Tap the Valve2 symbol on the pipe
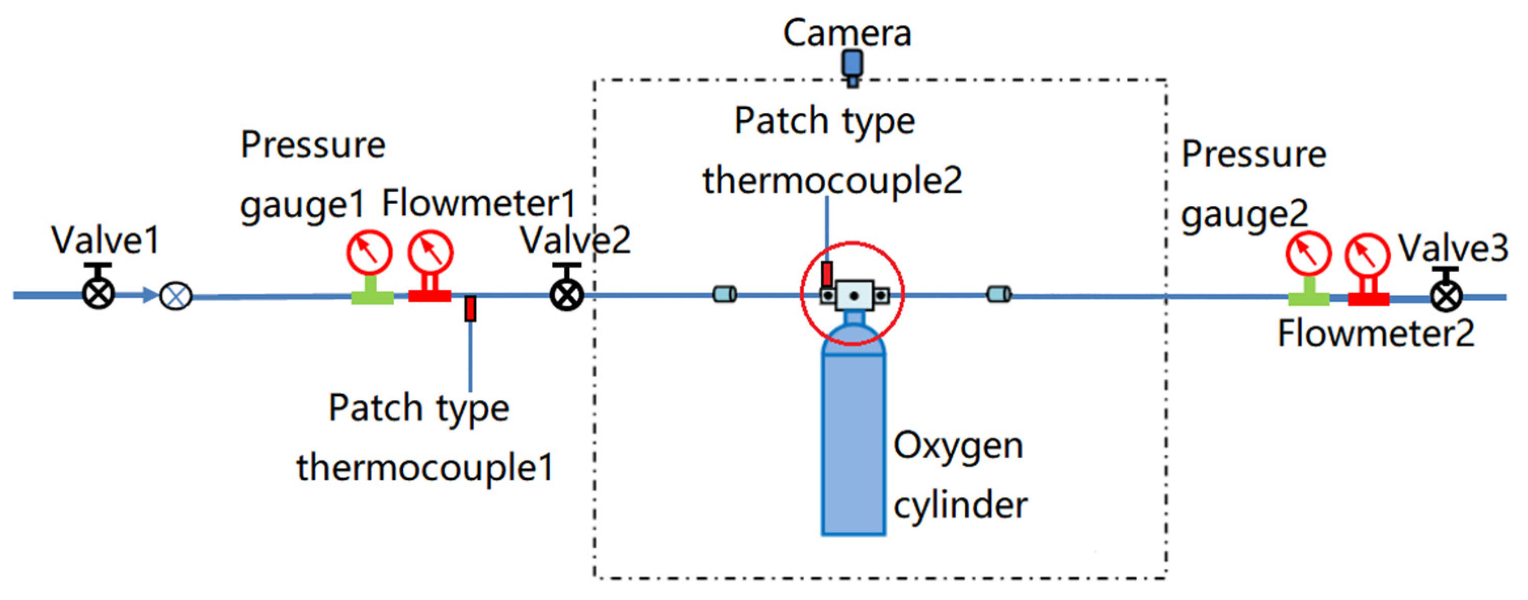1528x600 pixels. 567,295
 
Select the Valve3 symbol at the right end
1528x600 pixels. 1446,296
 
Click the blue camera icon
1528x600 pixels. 853,65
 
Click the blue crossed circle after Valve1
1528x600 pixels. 176,296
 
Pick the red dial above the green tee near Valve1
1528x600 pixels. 369,252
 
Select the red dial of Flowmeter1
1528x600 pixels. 431,252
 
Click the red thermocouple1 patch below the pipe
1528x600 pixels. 470,309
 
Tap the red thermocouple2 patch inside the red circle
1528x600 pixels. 827,274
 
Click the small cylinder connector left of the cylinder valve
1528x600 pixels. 724,294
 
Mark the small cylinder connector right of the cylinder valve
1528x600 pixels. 998,294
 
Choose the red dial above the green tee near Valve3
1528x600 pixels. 1308,254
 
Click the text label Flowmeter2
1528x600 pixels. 1375,334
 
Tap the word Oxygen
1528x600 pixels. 958,446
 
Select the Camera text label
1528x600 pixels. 846,33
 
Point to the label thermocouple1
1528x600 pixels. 425,467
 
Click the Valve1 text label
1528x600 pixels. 106,240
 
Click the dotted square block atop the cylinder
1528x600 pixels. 854,296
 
